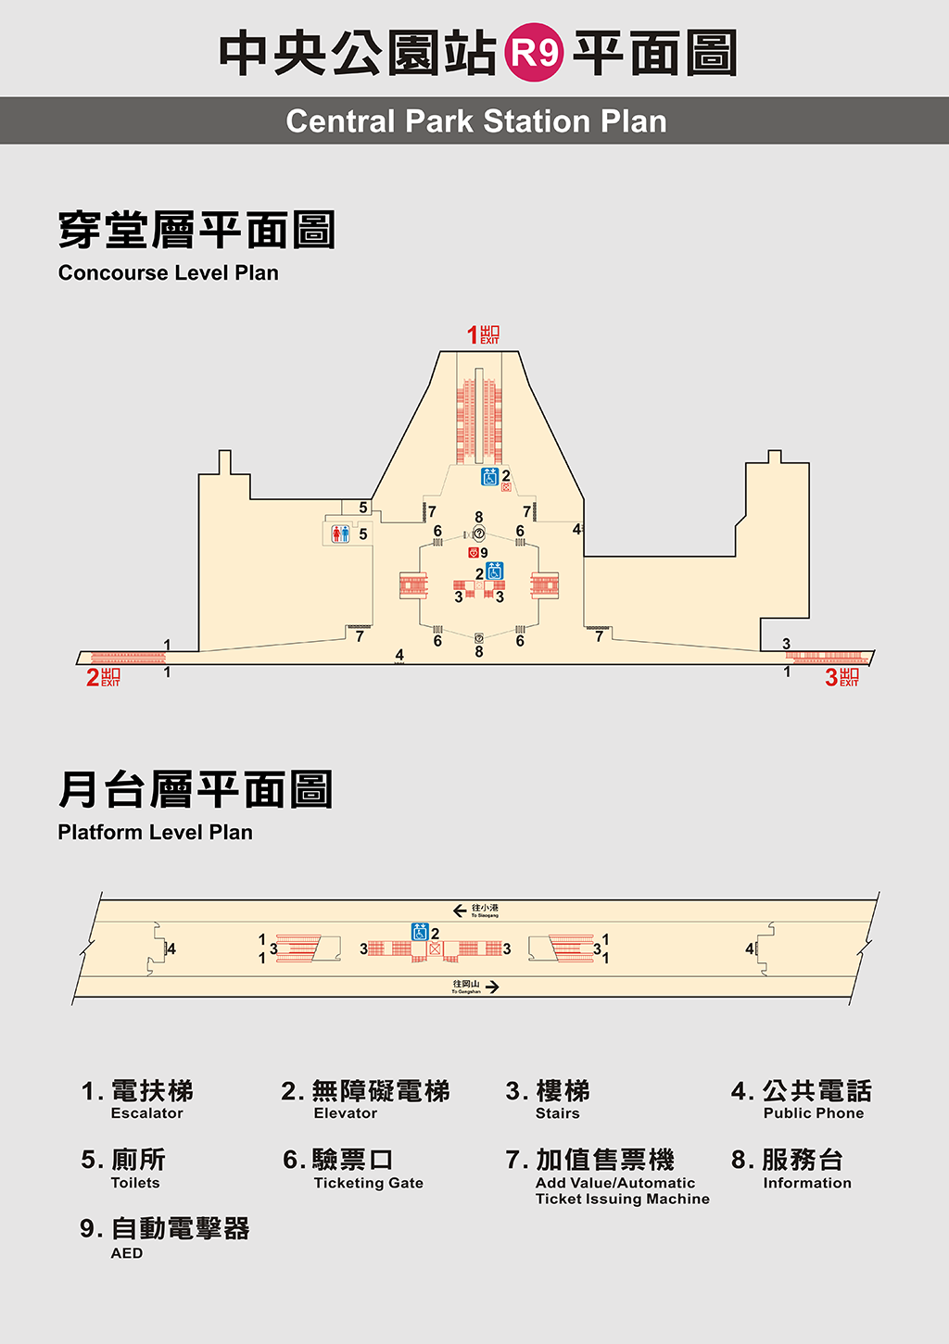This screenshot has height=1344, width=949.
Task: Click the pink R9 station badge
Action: [535, 53]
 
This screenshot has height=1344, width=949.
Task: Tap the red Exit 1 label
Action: [483, 334]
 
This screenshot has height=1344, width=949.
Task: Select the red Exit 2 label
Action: [103, 677]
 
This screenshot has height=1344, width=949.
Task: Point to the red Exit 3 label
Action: [841, 677]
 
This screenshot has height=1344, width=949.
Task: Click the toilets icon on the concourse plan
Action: [341, 534]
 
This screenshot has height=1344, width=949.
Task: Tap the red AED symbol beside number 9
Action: [473, 552]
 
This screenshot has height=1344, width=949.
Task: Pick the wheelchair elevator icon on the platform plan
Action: [420, 932]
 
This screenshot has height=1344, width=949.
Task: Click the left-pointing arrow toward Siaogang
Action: [460, 911]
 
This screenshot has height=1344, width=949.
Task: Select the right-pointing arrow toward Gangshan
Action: [492, 987]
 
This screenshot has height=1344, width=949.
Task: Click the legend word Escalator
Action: [146, 1113]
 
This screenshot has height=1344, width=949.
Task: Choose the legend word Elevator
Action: [345, 1113]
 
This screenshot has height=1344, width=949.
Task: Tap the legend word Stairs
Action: [557, 1113]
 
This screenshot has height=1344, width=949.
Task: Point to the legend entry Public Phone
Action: [813, 1113]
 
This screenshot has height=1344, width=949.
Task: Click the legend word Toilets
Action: [135, 1183]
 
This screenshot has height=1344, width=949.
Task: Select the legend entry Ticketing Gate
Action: [368, 1183]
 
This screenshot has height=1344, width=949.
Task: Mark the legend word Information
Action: [806, 1183]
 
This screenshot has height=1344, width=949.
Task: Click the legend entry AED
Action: [127, 1253]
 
